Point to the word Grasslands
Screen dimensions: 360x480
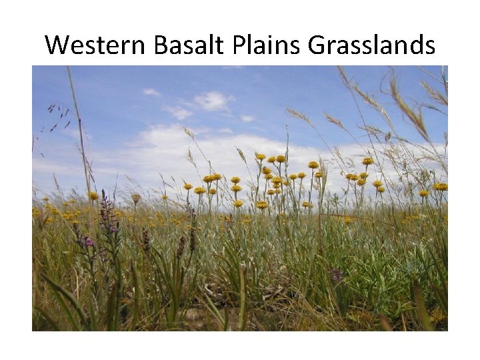pos(371,45)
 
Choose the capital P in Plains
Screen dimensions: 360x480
pos(238,45)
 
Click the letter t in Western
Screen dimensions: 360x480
pos(107,45)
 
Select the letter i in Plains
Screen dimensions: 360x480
pos(270,45)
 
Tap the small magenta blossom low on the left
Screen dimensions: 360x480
pos(89,241)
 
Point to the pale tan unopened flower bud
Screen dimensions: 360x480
pos(136,198)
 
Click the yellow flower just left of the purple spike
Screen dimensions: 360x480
pos(93,196)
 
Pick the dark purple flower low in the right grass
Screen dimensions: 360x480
pos(337,274)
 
